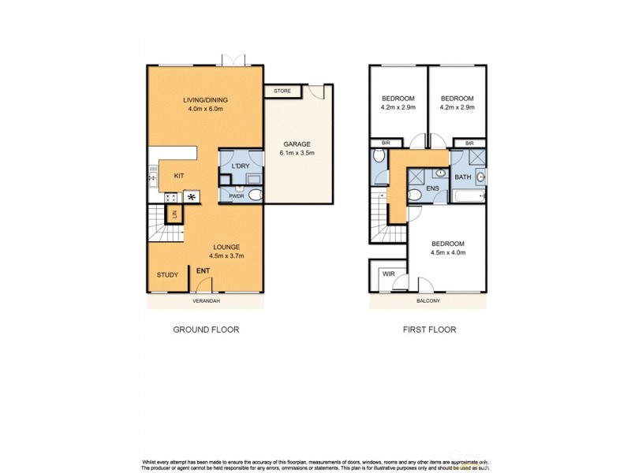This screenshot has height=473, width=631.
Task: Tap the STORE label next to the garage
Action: [x=282, y=91]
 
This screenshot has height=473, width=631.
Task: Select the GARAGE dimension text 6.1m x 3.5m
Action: [x=297, y=154]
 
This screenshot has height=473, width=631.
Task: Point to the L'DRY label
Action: [x=241, y=166]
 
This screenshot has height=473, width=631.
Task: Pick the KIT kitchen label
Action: [x=179, y=177]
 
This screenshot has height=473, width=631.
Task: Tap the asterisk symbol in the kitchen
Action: [x=192, y=196]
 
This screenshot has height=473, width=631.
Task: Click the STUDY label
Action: [x=167, y=275]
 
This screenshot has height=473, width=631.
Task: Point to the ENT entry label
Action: [x=203, y=272]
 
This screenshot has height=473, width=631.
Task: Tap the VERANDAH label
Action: [x=204, y=300]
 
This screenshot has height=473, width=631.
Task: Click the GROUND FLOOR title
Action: [x=206, y=330]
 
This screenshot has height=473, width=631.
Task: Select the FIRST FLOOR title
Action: [x=429, y=330]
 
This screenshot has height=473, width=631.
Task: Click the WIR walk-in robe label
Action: [x=388, y=274]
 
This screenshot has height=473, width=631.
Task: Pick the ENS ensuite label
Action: [x=432, y=189]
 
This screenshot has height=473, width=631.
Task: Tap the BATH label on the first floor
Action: [x=463, y=177]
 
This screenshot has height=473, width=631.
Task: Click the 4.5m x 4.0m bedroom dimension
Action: [x=447, y=252]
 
